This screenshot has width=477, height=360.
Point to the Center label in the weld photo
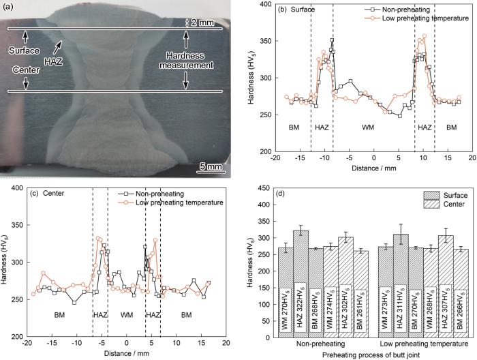tap(25, 69)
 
